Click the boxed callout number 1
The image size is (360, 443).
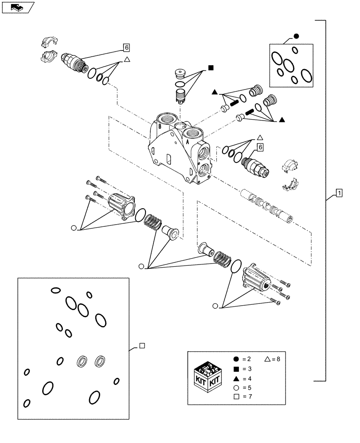tap(339, 193)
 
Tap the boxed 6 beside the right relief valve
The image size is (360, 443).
tap(260, 147)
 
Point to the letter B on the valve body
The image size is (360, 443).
tap(158, 125)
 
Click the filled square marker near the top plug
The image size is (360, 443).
tap(211, 68)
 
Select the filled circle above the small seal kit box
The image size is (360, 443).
tap(296, 37)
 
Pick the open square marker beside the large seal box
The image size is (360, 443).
tap(141, 346)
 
